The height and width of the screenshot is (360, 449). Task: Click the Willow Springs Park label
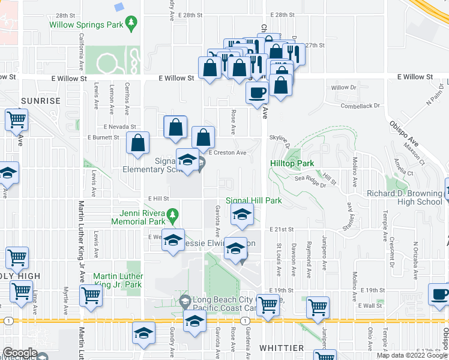[x=86, y=26]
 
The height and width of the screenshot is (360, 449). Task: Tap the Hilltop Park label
[x=292, y=163]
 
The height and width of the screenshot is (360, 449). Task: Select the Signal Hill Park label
[x=253, y=200]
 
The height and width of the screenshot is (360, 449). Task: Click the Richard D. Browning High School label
[x=405, y=197]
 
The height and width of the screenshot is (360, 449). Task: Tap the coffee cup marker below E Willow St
[x=258, y=94]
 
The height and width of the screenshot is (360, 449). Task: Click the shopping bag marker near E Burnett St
[x=138, y=144]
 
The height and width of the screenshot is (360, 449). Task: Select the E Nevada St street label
[x=120, y=127]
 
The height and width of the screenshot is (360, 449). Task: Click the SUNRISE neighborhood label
[x=41, y=101]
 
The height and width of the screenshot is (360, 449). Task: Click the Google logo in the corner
[x=20, y=353]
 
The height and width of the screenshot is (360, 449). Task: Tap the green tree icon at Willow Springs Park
[x=131, y=23]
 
